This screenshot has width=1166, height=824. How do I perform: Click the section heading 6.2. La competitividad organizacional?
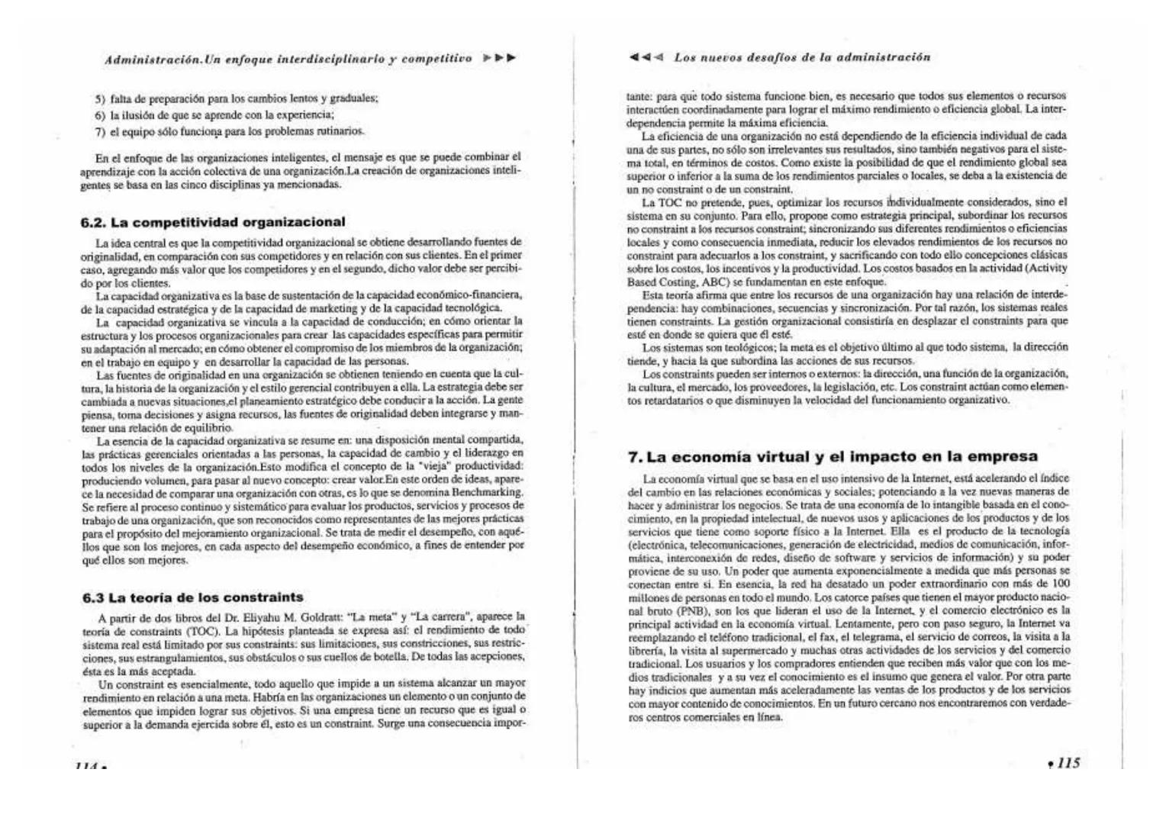click(x=213, y=222)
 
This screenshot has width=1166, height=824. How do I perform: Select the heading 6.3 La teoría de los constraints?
click(x=193, y=597)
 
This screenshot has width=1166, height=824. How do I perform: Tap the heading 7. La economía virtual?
click(x=833, y=457)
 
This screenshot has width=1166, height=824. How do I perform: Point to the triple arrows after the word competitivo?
click(x=500, y=58)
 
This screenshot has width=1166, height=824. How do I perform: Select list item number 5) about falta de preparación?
click(x=237, y=98)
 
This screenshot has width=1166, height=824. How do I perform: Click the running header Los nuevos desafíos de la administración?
click(x=802, y=58)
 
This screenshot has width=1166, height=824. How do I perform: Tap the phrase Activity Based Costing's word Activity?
click(x=1046, y=269)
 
